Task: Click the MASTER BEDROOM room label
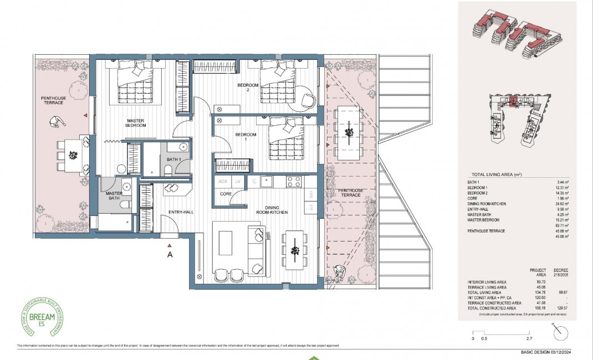(135, 123)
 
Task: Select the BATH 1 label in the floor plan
(173, 160)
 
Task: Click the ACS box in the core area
(223, 181)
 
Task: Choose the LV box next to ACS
(238, 181)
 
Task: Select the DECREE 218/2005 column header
(564, 271)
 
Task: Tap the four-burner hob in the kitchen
(293, 181)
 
